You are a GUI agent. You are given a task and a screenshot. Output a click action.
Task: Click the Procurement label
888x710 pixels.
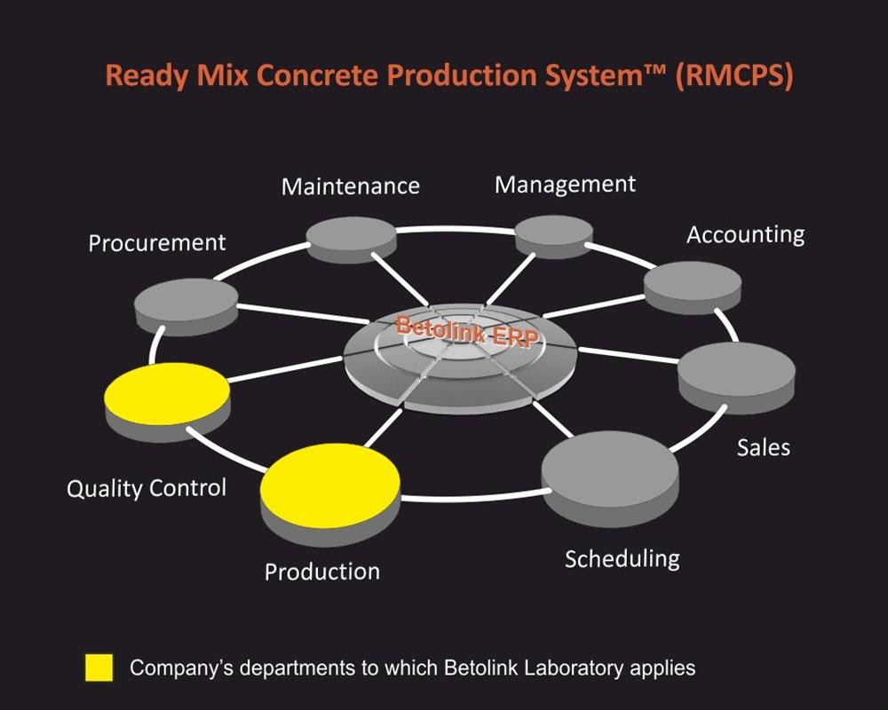coord(157,243)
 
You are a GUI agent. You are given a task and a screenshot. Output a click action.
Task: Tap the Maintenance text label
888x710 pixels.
coord(351,186)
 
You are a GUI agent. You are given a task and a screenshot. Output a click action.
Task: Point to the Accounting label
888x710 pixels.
coord(745,235)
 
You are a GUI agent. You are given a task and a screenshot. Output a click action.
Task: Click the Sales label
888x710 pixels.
coord(764,447)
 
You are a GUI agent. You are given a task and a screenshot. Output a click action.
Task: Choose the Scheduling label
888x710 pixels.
coord(622,559)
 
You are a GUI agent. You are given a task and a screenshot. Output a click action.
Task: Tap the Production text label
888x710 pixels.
coord(322,572)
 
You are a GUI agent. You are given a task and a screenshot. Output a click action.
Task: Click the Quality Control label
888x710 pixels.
coord(147,488)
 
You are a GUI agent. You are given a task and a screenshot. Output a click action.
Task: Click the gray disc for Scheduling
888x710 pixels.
coord(610,478)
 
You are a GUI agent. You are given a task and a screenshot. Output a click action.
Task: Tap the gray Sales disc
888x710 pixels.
coord(737,376)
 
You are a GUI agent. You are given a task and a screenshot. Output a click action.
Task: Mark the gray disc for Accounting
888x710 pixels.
coord(693,287)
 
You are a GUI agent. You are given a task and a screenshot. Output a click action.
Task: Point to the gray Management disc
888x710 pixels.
coord(554,236)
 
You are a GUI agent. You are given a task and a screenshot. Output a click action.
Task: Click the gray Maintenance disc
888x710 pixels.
coord(351,239)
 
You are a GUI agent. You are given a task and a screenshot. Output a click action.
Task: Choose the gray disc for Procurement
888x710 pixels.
coord(186,305)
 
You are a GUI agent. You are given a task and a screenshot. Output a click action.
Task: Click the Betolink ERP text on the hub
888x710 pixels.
coord(467,331)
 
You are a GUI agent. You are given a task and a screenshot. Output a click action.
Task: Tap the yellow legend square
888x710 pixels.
coord(99,667)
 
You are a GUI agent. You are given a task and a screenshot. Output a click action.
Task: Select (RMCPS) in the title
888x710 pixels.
coord(734,75)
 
